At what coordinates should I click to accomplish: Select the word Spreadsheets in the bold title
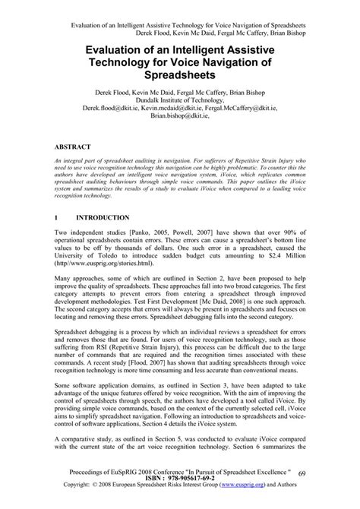[180, 77]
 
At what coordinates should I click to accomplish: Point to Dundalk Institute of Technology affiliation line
[180, 100]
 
